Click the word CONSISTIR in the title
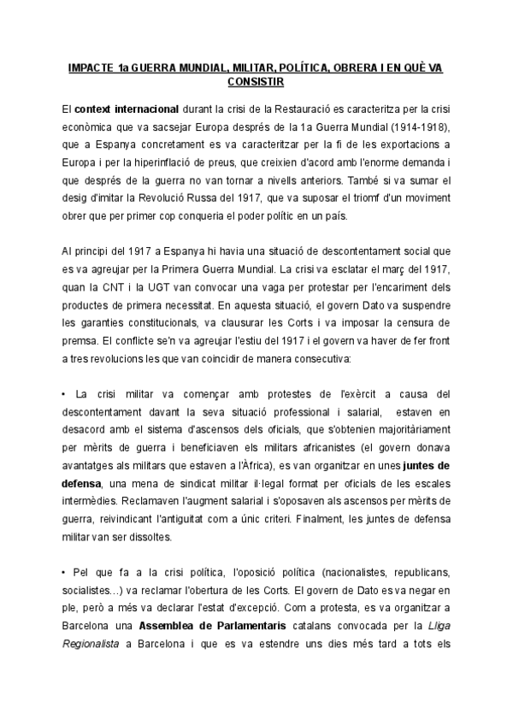coord(256,82)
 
